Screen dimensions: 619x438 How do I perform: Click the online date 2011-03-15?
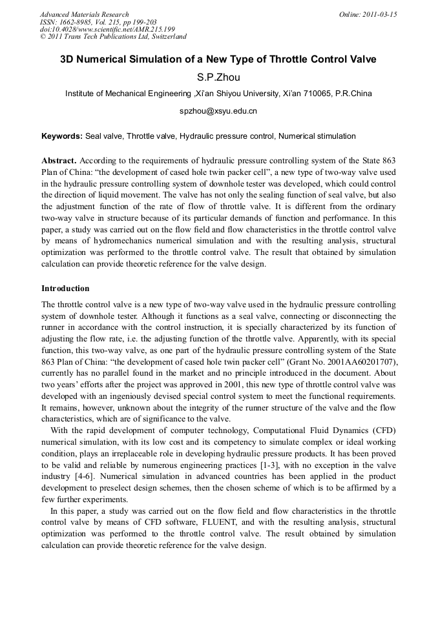[x=381, y=14]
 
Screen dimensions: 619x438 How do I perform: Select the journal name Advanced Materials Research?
[x=85, y=14]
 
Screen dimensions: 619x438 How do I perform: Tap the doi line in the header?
[x=107, y=29]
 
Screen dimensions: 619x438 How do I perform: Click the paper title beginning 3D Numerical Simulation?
[x=218, y=59]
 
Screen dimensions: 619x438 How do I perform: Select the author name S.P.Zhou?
[x=218, y=77]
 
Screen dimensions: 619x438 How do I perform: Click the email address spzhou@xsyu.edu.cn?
[x=218, y=111]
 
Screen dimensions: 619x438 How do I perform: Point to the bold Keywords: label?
[x=62, y=136]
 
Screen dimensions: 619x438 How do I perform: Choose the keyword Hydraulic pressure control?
[x=227, y=136]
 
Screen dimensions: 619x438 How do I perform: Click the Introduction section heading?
[x=65, y=288]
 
